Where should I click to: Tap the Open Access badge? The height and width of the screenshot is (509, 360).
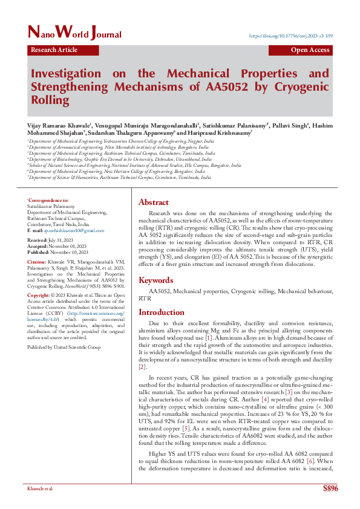click(310, 51)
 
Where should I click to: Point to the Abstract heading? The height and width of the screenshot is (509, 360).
click(154, 203)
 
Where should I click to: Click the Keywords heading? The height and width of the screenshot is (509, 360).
click(156, 280)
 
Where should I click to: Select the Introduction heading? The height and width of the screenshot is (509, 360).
click(162, 313)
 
